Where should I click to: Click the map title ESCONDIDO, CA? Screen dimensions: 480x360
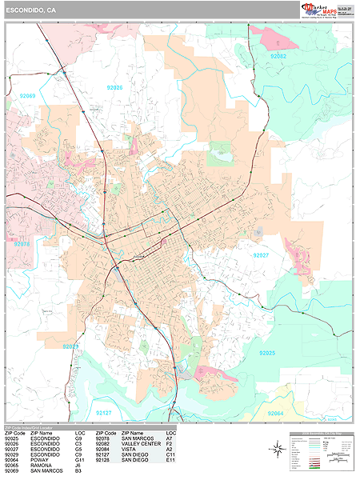click(30, 10)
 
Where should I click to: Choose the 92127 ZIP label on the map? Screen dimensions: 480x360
click(104, 413)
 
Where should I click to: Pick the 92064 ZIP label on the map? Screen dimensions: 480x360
click(276, 413)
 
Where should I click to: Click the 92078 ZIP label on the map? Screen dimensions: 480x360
click(21, 244)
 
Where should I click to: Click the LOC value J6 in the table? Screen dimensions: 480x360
click(78, 466)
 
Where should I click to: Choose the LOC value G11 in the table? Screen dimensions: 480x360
click(79, 460)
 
